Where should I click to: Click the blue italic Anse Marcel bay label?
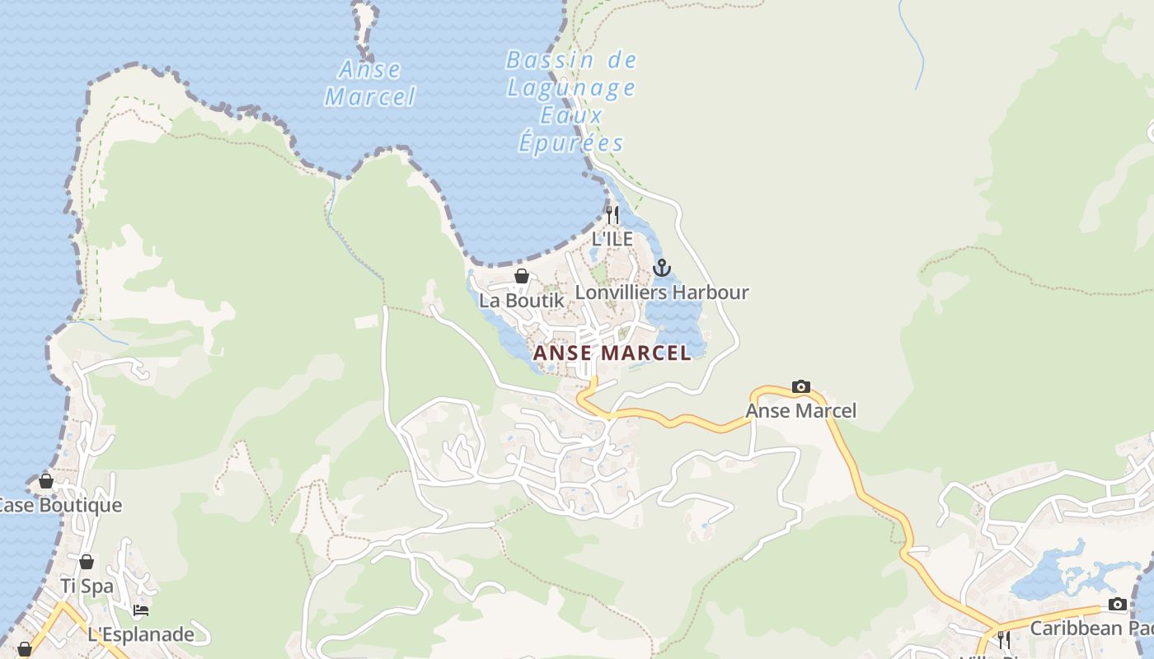pos(370,83)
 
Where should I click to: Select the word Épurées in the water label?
pos(570,143)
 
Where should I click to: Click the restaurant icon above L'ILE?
pos(612,215)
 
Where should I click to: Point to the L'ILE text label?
pos(612,239)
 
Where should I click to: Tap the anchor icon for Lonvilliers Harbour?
pos(661,268)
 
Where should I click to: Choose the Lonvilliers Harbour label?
pos(661,292)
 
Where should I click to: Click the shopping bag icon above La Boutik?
pos(522,276)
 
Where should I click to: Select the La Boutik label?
pos(522,301)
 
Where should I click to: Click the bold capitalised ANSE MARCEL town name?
pos(612,353)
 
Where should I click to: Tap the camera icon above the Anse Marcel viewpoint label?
pos(800,386)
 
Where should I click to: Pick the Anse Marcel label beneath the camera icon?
pos(800,410)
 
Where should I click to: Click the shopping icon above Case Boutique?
pos(46,481)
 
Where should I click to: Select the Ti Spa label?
pos(87,587)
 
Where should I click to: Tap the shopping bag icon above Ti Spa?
pos(87,563)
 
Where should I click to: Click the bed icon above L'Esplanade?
pos(141,610)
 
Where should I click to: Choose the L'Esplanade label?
pos(141,634)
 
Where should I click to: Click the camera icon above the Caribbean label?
pos(1117,605)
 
